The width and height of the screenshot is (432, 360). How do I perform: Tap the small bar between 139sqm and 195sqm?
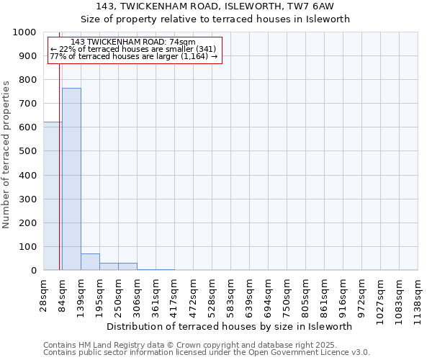(x=90, y=262)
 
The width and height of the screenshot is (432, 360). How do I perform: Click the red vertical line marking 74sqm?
(x=59, y=180)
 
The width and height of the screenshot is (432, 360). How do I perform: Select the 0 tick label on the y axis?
(x=33, y=271)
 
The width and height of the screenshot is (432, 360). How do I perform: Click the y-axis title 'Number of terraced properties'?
(x=7, y=154)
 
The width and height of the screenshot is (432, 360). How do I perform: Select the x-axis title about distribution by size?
(x=234, y=326)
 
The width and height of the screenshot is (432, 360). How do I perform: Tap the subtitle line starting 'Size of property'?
(x=215, y=19)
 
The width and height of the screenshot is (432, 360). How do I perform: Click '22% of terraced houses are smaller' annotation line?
(x=133, y=49)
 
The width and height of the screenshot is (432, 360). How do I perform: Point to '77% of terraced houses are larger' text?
(x=133, y=56)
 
